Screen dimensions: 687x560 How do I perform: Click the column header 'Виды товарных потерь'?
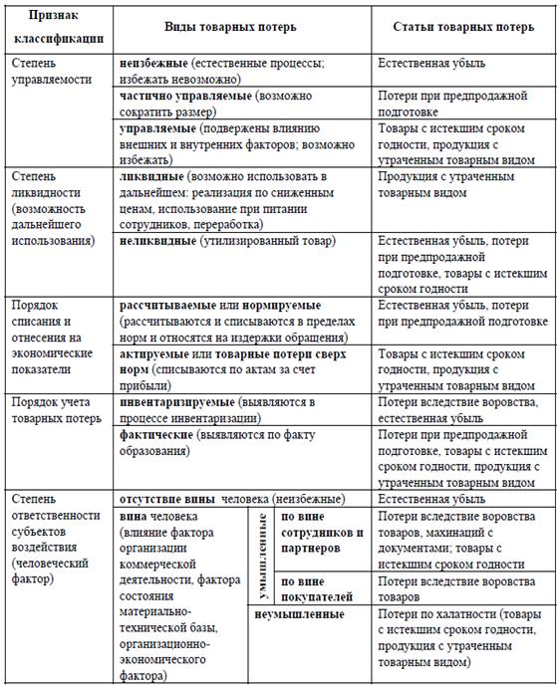click(x=245, y=26)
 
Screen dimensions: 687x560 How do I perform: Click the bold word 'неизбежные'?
click(x=153, y=63)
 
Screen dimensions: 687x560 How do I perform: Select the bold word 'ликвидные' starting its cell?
click(x=151, y=175)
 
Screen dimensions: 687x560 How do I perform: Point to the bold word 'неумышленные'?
click(x=300, y=615)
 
